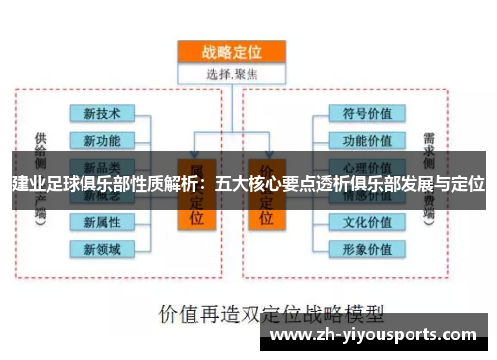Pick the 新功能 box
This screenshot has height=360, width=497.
point(102,140)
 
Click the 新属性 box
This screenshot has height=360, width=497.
point(102,220)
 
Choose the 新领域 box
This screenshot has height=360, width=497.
point(102,247)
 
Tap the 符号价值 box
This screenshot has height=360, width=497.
point(366,113)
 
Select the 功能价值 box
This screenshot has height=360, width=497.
point(366,140)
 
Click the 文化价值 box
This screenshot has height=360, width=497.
point(366,220)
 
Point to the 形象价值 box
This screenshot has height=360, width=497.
point(366,247)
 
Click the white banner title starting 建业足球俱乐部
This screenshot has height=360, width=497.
point(248,184)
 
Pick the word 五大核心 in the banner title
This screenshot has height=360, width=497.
point(249,184)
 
